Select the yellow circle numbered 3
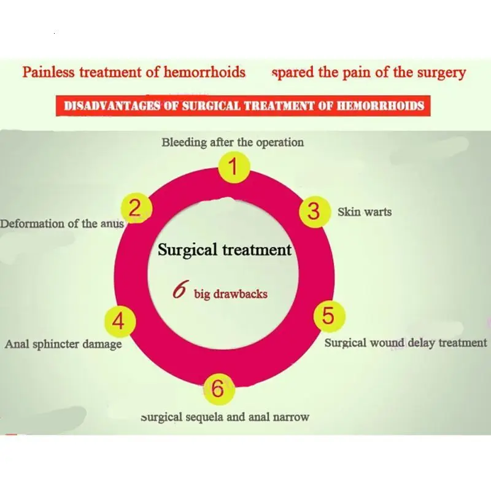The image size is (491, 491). [314, 211]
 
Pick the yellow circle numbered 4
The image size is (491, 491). [119, 321]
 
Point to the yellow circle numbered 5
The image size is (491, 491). [328, 316]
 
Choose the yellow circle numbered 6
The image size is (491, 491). [218, 388]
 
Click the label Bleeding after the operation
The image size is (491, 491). [233, 142]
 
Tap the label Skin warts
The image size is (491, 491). [365, 212]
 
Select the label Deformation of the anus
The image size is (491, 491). [62, 224]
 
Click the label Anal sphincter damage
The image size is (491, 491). [63, 344]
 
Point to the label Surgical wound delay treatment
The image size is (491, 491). [405, 343]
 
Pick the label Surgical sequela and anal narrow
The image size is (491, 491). [225, 417]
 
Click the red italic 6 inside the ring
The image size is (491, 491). [179, 290]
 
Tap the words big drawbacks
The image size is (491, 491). [230, 294]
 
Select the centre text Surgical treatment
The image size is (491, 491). [225, 250]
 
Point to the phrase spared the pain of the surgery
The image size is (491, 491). [368, 72]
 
